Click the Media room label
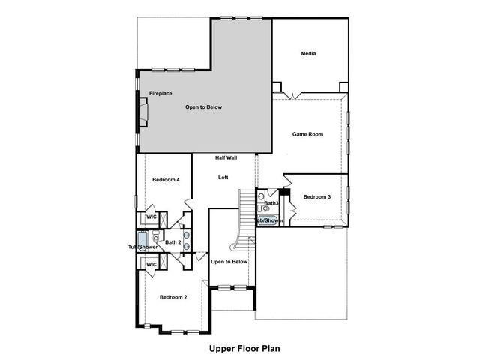point(308,54)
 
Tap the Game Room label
point(307,134)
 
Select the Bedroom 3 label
point(316,197)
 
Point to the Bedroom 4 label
point(166,180)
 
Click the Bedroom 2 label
point(173,298)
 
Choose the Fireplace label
point(160,93)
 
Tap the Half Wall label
point(226,158)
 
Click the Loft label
point(223,178)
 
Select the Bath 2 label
point(173,242)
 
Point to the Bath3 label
point(271,203)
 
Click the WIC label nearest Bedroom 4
point(151,217)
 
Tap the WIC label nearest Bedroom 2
point(151,265)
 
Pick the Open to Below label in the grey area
point(204,107)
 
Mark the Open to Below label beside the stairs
point(229,262)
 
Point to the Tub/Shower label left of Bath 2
point(142,247)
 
